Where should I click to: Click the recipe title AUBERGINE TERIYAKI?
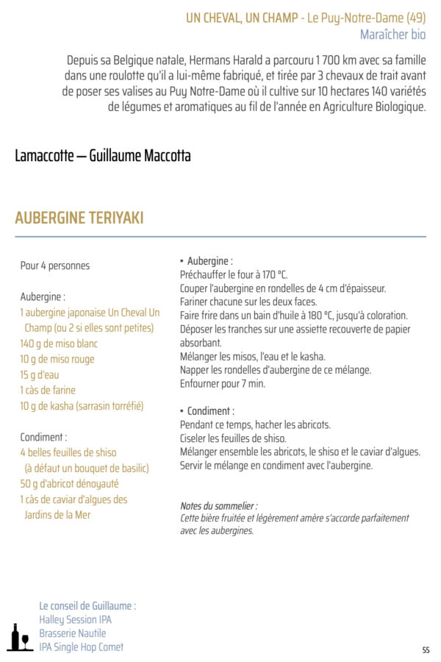(79, 218)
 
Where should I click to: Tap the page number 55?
(426, 650)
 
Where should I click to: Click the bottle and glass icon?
(18, 637)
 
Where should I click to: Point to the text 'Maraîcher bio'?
(392, 35)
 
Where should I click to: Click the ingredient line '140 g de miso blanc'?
(59, 344)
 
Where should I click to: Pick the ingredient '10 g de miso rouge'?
(57, 359)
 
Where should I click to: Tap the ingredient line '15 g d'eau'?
(40, 374)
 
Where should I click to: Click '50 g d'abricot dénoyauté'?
(69, 484)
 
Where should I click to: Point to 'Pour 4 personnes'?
(55, 266)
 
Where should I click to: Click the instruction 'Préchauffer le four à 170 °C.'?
(234, 274)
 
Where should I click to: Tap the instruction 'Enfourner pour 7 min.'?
(223, 384)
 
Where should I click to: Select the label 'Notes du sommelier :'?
(219, 506)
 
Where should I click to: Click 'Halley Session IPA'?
(76, 619)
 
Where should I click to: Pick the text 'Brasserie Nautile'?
(73, 633)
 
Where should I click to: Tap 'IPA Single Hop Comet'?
(82, 647)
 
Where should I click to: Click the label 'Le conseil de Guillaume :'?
(87, 606)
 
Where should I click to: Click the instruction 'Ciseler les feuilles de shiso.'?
(233, 438)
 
